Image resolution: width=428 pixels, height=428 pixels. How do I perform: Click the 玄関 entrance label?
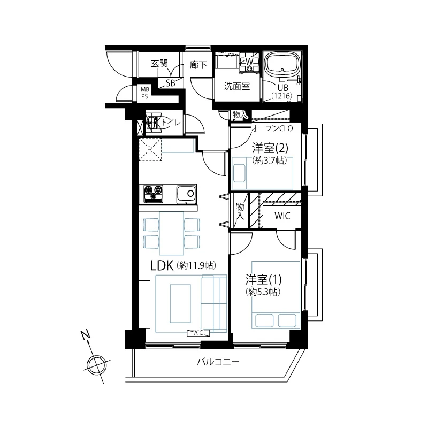point(159,64)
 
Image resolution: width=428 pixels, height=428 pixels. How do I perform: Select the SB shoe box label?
point(170,83)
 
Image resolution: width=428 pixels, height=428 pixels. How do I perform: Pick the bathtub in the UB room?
point(284,64)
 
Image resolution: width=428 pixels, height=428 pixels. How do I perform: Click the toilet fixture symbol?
point(154,123)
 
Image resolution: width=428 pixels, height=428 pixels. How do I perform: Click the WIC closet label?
point(282,216)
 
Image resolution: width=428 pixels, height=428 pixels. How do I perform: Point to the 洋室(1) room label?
point(263,280)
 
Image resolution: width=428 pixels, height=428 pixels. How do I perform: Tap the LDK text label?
point(162,265)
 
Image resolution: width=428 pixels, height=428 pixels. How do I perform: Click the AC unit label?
point(198,333)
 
